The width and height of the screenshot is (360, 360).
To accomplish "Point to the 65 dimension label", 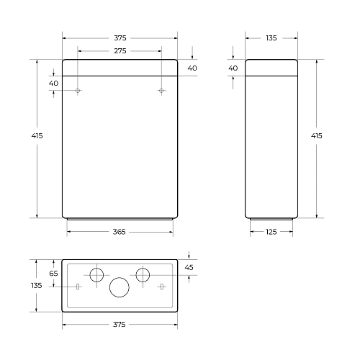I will pyautogui.click(x=54, y=274).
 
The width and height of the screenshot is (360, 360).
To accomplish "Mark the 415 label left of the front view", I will pyautogui.click(x=27, y=137).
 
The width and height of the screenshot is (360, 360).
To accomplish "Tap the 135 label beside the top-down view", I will pyautogui.click(x=37, y=286).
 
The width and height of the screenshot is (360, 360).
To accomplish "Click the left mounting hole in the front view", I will pyautogui.click(x=78, y=91).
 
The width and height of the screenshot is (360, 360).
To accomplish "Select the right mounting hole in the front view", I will pyautogui.click(x=161, y=91).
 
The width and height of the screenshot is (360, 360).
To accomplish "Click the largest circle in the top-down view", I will pyautogui.click(x=120, y=287).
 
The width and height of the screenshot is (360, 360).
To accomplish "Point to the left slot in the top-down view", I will pyautogui.click(x=78, y=287).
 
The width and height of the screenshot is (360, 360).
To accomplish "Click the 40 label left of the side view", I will pyautogui.click(x=233, y=68).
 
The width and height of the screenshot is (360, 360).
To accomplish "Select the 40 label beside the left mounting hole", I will pyautogui.click(x=54, y=83).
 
